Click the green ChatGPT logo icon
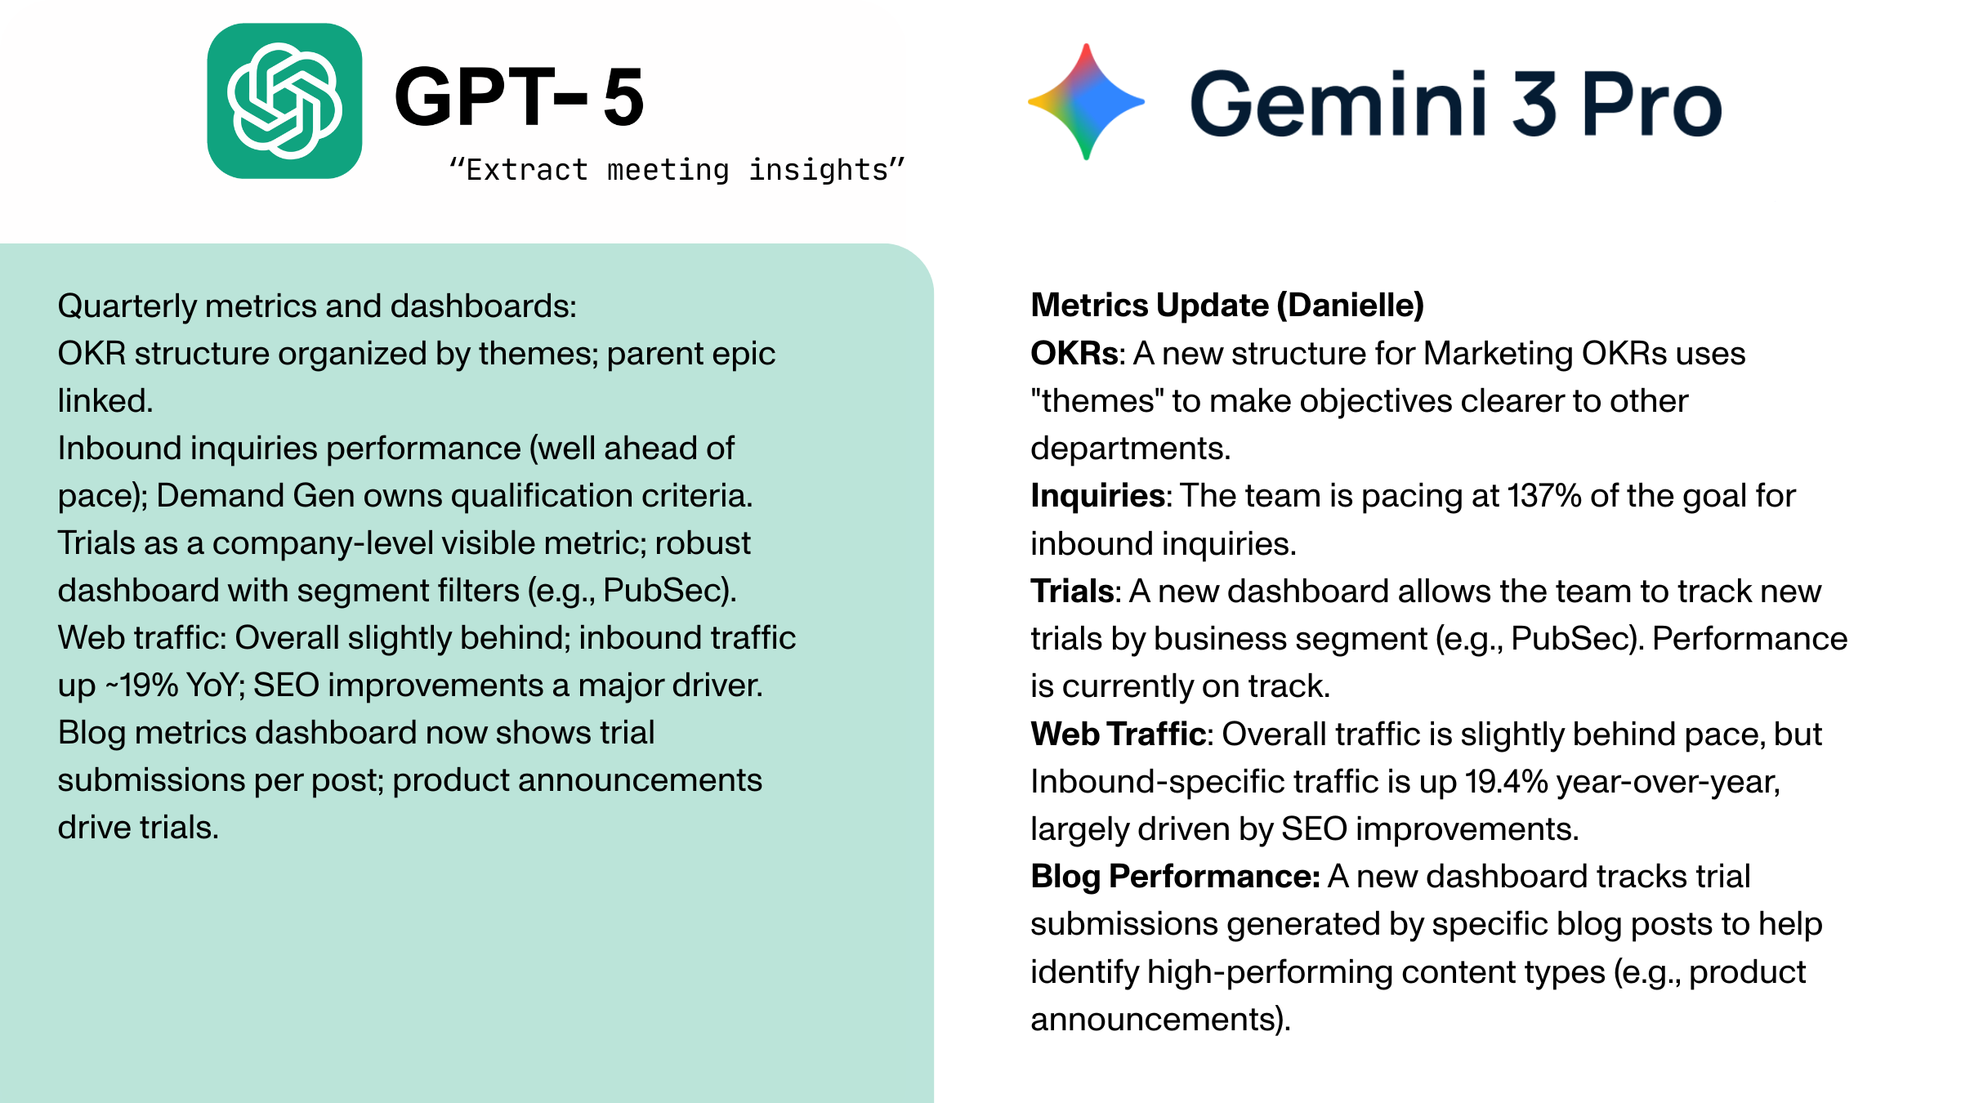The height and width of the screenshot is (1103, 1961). [284, 100]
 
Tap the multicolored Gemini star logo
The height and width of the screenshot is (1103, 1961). [1086, 102]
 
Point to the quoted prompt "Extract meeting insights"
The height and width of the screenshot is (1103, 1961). [677, 170]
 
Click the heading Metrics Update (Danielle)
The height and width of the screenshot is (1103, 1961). [1227, 306]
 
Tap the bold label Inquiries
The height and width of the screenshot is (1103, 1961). [1097, 496]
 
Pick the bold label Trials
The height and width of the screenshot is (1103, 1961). [1072, 592]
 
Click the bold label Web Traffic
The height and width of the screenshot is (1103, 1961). [1119, 734]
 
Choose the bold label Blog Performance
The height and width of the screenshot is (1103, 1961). [1174, 877]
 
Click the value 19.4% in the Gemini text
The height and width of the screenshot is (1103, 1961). [1506, 782]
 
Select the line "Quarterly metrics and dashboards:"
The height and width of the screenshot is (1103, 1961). [317, 306]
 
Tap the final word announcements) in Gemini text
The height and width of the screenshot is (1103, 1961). [1160, 1020]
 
